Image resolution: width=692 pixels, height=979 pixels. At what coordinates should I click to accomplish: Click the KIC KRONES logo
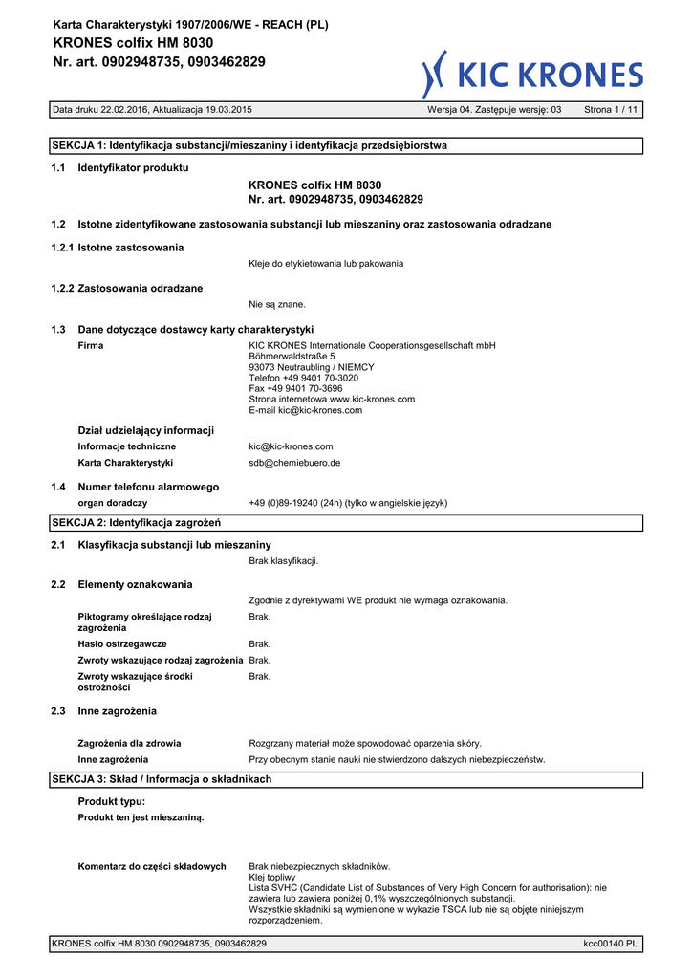click(532, 75)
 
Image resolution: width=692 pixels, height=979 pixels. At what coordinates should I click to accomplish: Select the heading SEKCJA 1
click(249, 145)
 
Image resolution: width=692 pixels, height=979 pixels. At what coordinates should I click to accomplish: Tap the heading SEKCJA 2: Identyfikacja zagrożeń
click(136, 523)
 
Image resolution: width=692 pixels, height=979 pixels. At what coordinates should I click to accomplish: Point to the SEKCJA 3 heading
click(161, 779)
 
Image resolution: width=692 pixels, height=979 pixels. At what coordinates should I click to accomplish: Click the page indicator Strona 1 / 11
click(611, 110)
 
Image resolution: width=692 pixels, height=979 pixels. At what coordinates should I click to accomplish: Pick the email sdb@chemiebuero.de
click(294, 462)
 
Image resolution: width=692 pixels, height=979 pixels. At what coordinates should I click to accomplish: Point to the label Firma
click(91, 345)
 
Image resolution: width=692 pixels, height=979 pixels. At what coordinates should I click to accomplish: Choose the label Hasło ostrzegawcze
click(122, 643)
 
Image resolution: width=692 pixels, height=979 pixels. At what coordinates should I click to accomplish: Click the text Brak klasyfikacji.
click(283, 560)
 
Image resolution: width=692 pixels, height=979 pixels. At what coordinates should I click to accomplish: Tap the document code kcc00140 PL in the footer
click(611, 944)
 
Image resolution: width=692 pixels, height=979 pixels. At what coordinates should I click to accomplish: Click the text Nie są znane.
click(277, 304)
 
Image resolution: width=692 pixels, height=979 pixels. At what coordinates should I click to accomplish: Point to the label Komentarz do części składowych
click(151, 866)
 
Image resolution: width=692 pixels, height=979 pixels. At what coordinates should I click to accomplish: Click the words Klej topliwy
click(272, 877)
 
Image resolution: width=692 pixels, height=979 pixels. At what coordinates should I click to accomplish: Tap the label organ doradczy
click(112, 503)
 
